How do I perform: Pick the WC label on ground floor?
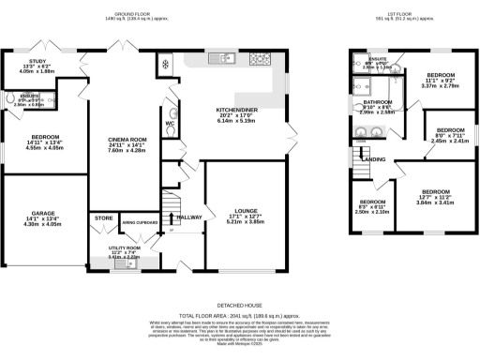pos(171,123)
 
